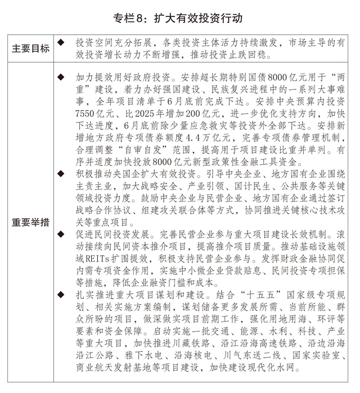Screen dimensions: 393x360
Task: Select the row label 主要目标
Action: pyautogui.click(x=31, y=49)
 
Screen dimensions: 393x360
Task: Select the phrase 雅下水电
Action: pyautogui.click(x=145, y=356)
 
